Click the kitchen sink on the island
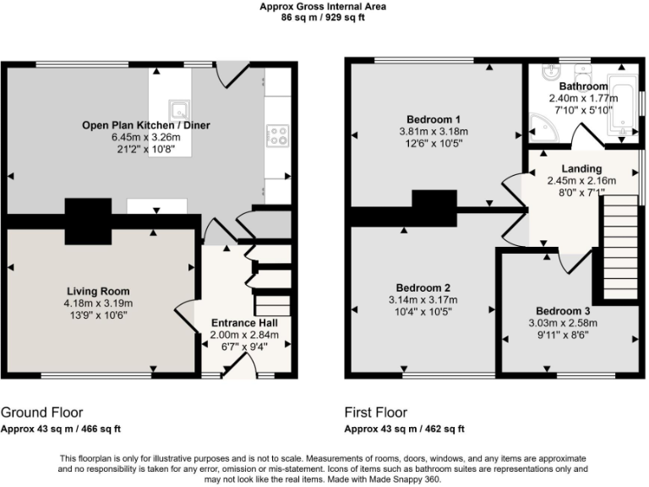point(178,109)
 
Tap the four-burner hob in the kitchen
point(277,136)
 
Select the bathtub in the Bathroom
point(622,104)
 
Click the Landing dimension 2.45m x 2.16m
point(581,180)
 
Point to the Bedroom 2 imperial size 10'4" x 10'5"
point(423,312)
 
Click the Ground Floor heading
point(41,413)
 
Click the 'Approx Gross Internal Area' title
point(324,5)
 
